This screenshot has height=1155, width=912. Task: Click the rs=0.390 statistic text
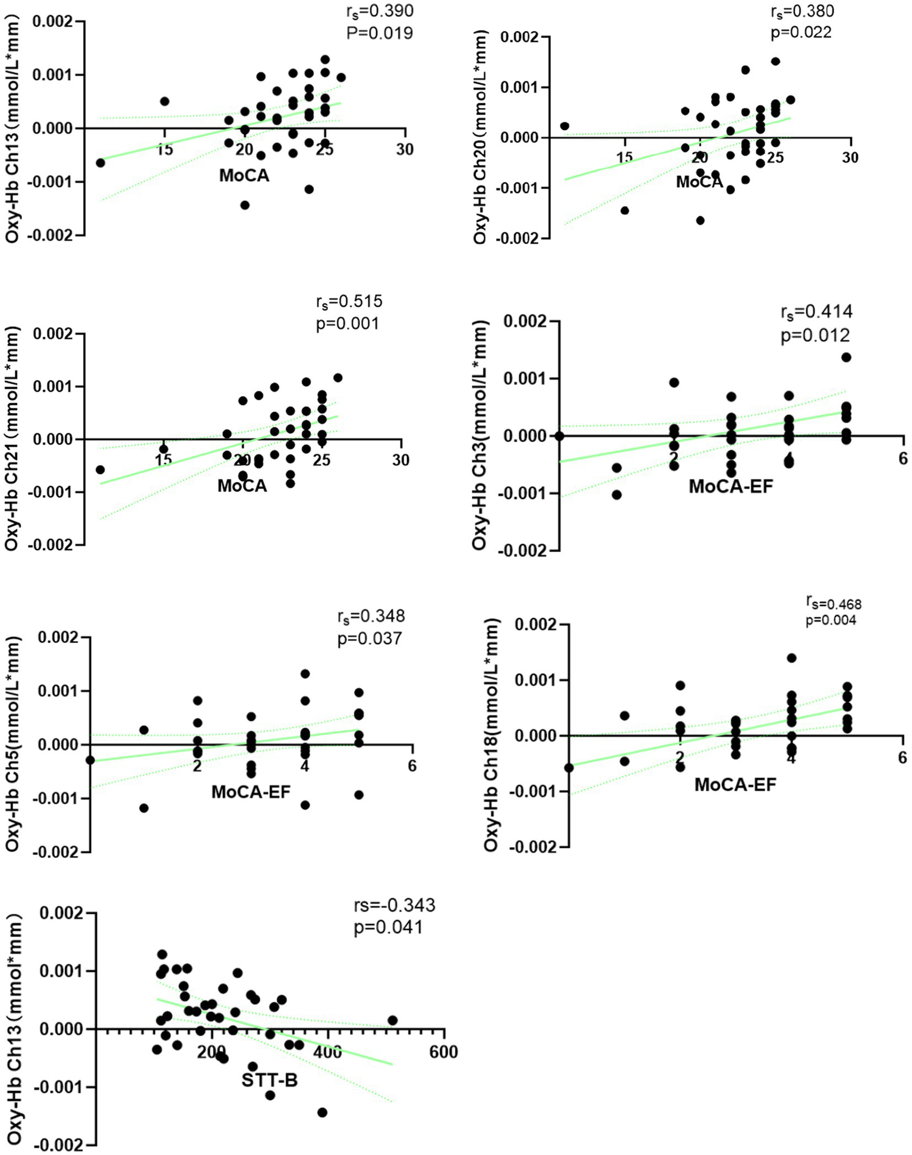click(x=380, y=11)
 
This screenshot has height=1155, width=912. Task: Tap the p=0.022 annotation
click(x=801, y=32)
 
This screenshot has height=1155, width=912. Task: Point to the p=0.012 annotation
click(x=815, y=336)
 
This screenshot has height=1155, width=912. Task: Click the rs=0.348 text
click(x=371, y=616)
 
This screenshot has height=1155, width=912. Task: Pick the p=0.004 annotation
click(x=831, y=620)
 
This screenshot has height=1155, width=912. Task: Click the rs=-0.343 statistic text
click(x=395, y=905)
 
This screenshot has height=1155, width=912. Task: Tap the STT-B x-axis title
click(x=269, y=1080)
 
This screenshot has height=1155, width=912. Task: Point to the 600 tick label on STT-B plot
click(x=443, y=1052)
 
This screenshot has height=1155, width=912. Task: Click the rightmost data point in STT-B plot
click(x=392, y=1021)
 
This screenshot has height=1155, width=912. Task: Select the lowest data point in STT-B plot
click(x=322, y=1112)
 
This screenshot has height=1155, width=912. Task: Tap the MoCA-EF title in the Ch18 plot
click(x=735, y=785)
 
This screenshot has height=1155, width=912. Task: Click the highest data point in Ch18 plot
click(x=791, y=658)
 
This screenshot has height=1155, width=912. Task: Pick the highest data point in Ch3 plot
click(x=846, y=357)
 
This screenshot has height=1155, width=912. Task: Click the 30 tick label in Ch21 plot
click(x=400, y=460)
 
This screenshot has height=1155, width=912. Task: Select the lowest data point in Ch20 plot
click(x=700, y=220)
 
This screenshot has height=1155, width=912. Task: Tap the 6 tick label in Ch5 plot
click(x=412, y=766)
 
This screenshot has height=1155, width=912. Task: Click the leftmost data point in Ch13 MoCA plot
click(x=100, y=163)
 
